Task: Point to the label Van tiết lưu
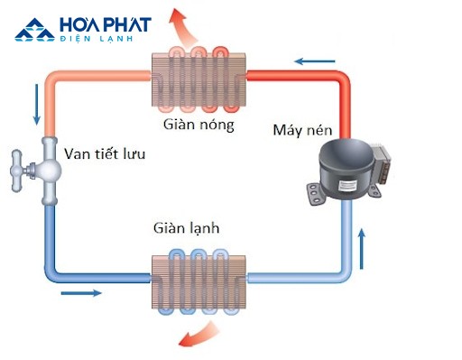(105, 152)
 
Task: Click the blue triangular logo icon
(33, 30)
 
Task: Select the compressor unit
(347, 171)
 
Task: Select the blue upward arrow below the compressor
(364, 244)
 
